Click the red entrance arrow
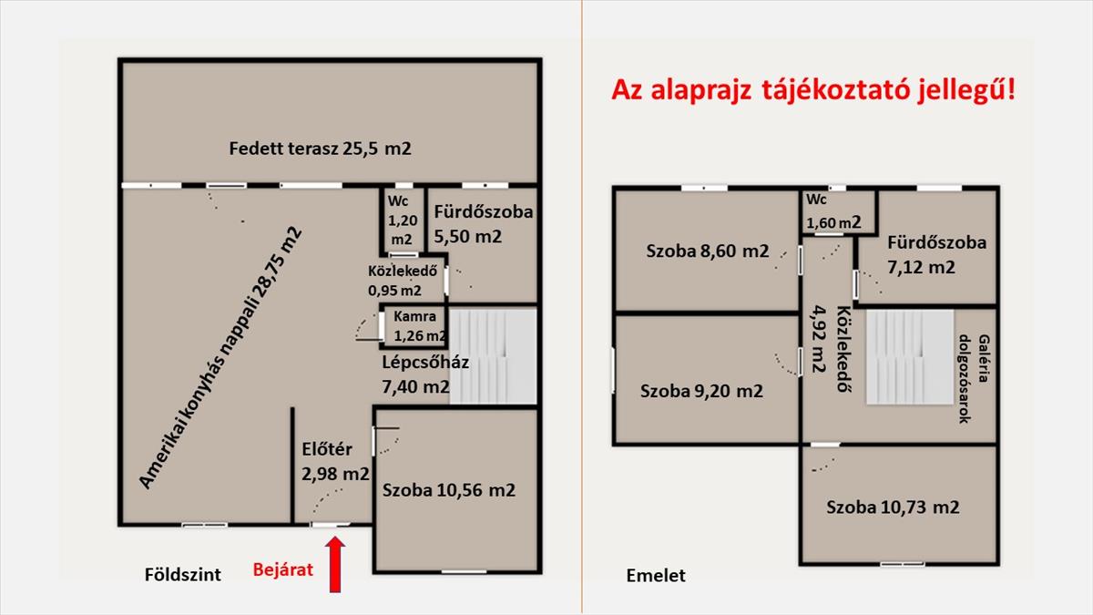(x=335, y=564)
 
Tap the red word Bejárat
(x=282, y=570)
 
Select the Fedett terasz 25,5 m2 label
(x=320, y=148)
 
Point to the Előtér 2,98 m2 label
(x=335, y=461)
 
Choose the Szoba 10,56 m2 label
(x=449, y=490)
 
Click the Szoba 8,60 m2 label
(x=708, y=251)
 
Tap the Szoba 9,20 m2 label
(x=701, y=392)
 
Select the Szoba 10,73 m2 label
(x=893, y=507)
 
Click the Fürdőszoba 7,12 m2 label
(x=936, y=255)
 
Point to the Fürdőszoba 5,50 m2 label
(x=482, y=224)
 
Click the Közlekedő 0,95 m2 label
(x=403, y=281)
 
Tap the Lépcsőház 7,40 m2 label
(x=425, y=374)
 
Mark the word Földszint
(x=183, y=576)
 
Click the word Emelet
(x=656, y=576)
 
